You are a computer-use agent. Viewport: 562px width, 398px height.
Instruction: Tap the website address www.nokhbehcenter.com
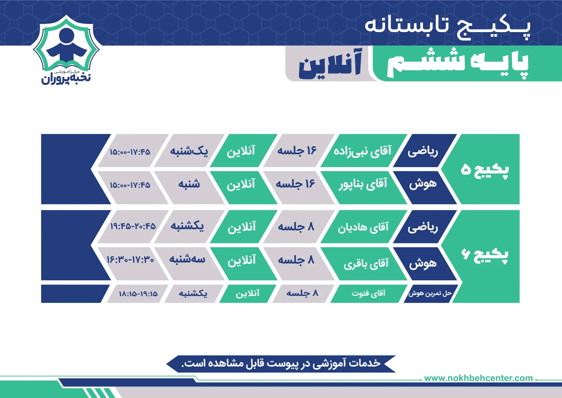[x=478, y=378]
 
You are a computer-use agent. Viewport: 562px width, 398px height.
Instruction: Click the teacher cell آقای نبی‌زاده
[x=363, y=151]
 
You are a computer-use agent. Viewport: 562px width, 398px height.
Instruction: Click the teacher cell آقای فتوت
[x=368, y=293]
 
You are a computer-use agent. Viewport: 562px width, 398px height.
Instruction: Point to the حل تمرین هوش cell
[x=430, y=293]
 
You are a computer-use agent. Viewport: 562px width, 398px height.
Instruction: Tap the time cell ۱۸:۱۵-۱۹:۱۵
[x=138, y=293]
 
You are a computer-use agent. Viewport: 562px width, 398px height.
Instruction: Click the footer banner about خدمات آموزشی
[x=281, y=364]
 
